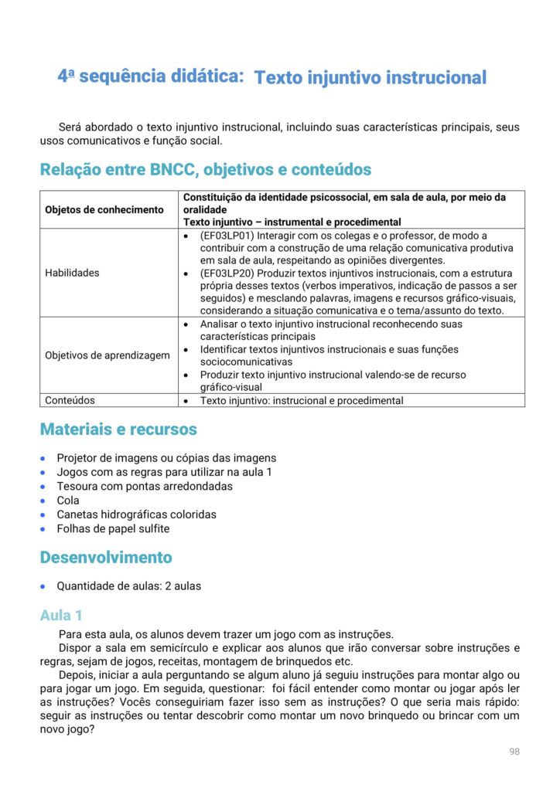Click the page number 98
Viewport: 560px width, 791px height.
pos(514,752)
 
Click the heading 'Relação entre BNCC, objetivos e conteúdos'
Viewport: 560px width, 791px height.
pos(206,169)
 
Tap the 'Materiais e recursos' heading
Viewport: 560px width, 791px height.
pos(118,429)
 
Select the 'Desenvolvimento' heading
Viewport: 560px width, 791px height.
pos(106,557)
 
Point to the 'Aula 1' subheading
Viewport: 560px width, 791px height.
pos(61,615)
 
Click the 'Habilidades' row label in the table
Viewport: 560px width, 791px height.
pos(72,273)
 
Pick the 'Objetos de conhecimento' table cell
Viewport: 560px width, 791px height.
pos(104,209)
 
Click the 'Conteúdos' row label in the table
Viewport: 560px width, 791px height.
pos(70,401)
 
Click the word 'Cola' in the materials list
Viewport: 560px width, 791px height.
pos(68,500)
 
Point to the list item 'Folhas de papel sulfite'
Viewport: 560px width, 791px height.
pos(113,528)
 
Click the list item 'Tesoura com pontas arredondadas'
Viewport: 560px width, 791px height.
pos(145,486)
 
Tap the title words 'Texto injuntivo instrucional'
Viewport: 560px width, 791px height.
pos(370,78)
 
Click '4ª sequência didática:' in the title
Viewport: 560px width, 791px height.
pos(151,76)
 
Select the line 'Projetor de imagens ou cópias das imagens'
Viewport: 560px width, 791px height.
pos(166,458)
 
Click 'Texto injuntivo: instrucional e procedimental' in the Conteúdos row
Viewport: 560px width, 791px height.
pos(302,401)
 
